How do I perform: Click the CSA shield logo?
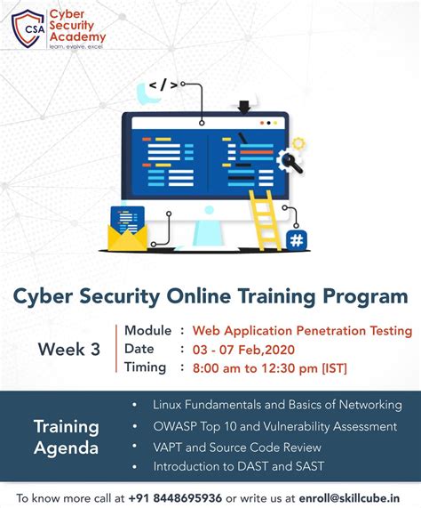click(x=28, y=28)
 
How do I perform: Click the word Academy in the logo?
click(x=77, y=37)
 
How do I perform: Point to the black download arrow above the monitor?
click(x=244, y=108)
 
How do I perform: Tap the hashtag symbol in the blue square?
click(x=297, y=239)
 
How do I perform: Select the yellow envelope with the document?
click(x=127, y=230)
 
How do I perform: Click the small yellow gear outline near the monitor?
click(x=298, y=142)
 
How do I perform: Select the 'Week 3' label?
click(x=68, y=350)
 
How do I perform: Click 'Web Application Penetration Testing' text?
click(x=302, y=331)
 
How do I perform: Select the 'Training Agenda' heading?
click(x=67, y=436)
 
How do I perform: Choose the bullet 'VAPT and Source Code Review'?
click(x=236, y=447)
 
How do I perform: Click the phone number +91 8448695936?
click(x=176, y=497)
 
